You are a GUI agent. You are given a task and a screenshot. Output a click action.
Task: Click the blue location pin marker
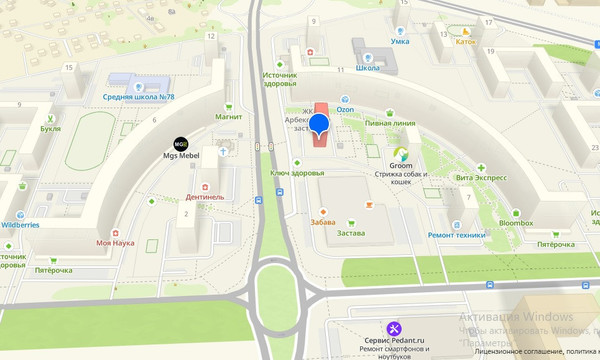point(319,125)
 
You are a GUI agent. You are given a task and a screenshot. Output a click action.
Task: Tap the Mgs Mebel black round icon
point(181,143)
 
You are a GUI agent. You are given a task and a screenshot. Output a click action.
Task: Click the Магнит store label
point(229,116)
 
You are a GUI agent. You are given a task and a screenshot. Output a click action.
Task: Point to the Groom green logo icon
point(401,154)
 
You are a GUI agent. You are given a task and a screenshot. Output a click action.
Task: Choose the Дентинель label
point(205,197)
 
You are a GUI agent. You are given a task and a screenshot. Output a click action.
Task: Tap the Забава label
point(323,222)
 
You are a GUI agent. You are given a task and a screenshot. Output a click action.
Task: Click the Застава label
point(351,233)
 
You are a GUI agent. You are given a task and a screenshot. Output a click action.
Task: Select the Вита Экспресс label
point(480,177)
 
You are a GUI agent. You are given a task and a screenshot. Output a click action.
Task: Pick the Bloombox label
point(516,223)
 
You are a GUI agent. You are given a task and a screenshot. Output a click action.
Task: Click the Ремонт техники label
point(456,233)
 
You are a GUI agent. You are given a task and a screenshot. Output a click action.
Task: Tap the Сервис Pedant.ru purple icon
point(394,328)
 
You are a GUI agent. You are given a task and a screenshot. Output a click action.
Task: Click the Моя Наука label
point(115,243)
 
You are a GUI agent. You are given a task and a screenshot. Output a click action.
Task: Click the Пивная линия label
point(390,123)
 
